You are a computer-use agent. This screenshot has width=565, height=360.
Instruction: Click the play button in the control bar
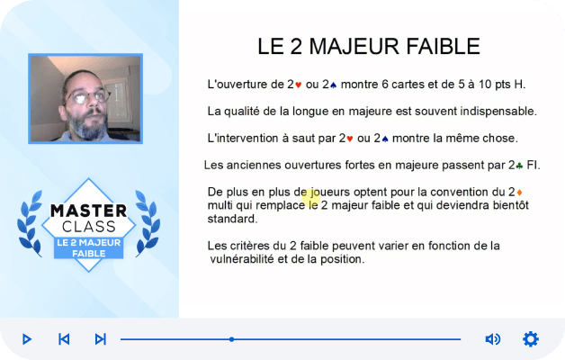coord(27,339)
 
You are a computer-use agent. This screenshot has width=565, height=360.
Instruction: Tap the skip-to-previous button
coord(64,339)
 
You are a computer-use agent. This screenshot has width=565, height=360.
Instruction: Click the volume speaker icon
coord(492,339)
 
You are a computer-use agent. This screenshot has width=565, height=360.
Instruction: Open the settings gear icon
coord(531,339)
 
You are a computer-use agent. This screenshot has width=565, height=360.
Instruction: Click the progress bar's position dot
coord(232,339)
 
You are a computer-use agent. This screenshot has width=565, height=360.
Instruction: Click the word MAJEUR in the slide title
coord(354,47)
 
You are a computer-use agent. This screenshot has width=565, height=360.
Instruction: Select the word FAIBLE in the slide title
coord(444,47)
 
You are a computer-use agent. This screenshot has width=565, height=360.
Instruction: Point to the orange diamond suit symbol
coord(519,193)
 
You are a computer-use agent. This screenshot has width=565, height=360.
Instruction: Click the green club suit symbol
coord(519,166)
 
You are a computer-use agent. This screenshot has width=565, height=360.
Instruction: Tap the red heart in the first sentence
coord(298,85)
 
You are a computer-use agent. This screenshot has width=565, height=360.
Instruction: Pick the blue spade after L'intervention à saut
coord(385,139)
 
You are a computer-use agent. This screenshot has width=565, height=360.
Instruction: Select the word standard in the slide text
coord(231,219)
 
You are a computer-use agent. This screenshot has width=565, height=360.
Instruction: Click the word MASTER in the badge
coord(89,211)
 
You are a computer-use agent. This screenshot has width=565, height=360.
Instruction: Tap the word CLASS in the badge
coord(89,227)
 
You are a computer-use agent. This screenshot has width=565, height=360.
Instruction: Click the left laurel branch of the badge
coord(30,223)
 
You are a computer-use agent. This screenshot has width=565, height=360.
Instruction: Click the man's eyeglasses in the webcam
coord(88,96)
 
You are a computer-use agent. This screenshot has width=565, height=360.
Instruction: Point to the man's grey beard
coord(87,124)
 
